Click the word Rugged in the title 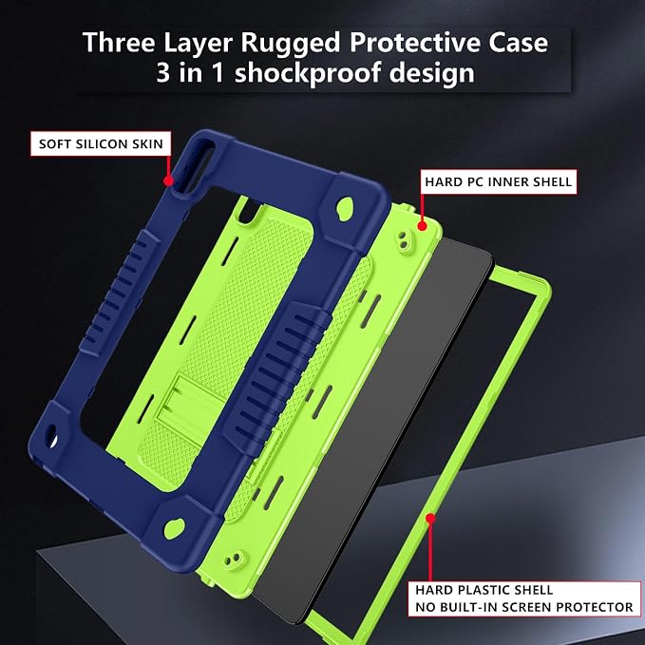[291, 44]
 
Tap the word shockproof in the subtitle [308, 72]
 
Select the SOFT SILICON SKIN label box [101, 143]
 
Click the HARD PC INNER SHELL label [498, 181]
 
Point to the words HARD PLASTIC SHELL [484, 590]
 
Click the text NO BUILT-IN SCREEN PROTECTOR [524, 607]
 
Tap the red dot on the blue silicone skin [168, 180]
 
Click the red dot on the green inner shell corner [422, 225]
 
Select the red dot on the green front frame [430, 518]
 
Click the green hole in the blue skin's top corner [345, 208]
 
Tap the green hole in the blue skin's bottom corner [174, 528]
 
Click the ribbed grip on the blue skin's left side [120, 292]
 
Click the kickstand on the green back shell [194, 406]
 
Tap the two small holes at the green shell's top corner [404, 240]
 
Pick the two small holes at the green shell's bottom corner [233, 559]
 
